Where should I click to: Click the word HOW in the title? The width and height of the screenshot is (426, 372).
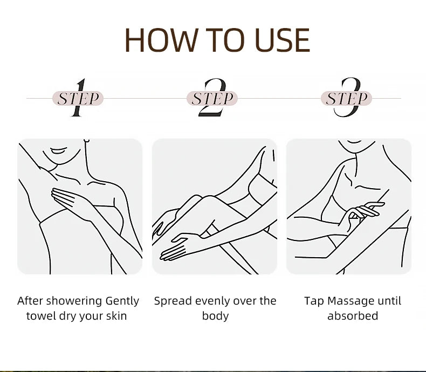coord(161,40)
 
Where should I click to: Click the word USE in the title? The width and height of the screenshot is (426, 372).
coord(282,40)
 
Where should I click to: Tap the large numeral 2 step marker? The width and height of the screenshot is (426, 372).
coord(212,97)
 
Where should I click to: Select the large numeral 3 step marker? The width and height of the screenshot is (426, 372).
coord(348,97)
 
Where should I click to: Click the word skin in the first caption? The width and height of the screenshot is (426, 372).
coord(116,316)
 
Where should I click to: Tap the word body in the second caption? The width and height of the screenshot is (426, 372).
coord(215,316)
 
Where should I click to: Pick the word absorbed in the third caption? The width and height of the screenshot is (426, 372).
coord(353,316)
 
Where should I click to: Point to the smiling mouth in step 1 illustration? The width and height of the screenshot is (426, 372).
coord(58,150)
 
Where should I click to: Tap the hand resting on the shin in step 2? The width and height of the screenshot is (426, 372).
coord(176,246)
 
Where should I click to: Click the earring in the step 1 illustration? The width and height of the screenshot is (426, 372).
coord(86,140)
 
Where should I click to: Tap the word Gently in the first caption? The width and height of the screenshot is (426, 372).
coord(122,301)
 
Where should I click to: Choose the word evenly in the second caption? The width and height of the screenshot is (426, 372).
coord(211,301)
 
